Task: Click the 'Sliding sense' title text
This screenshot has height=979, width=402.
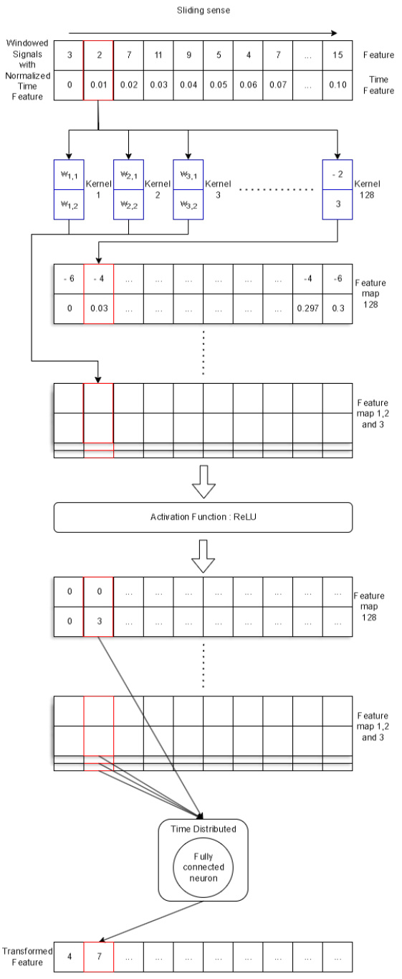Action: point(203,11)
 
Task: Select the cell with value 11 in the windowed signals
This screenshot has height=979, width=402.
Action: point(158,55)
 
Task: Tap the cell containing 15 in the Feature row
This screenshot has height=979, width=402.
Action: point(338,55)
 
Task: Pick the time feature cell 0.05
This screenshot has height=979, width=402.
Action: point(218,85)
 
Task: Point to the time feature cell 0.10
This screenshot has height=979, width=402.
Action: point(338,85)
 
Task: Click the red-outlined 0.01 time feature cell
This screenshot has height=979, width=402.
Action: point(99,85)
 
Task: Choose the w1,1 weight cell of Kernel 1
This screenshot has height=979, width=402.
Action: point(70,174)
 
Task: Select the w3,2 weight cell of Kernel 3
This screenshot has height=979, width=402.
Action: point(188,205)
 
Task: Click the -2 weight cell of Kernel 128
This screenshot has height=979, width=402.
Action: point(338,174)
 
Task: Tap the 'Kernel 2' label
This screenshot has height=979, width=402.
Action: point(158,189)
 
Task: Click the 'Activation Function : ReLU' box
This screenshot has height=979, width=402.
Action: point(204,517)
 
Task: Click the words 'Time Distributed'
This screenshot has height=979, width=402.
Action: point(203,828)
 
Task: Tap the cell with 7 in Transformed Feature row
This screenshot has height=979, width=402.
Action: point(99,956)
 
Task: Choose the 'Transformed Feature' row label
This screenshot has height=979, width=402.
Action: point(27,956)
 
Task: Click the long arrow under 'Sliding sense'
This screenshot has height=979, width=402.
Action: point(203,32)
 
